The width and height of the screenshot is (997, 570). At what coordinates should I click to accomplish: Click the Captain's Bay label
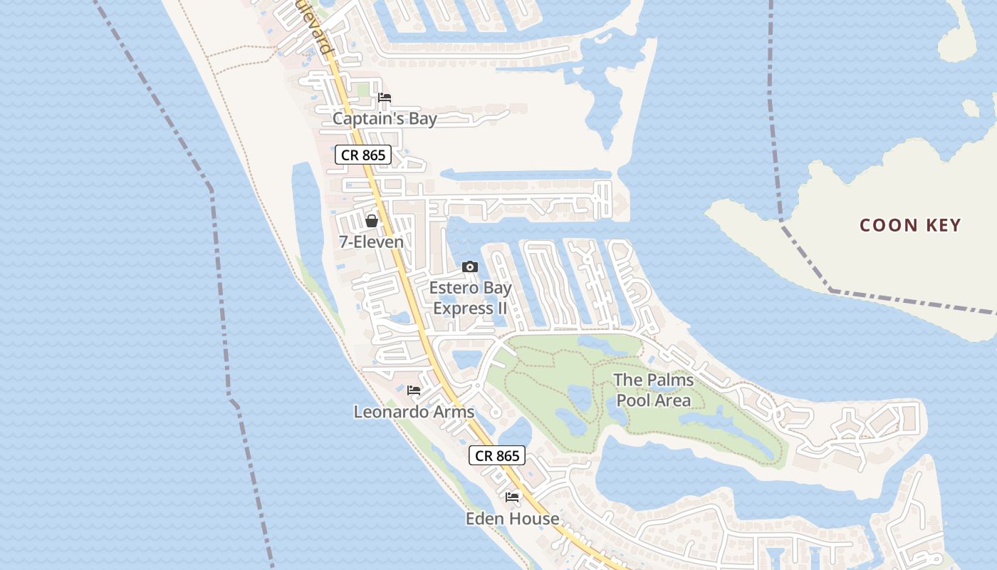point(385,118)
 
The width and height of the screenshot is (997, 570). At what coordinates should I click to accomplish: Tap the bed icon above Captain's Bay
point(385,98)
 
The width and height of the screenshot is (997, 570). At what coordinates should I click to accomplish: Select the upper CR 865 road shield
point(363,155)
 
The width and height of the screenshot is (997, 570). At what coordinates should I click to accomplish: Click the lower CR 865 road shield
point(496,455)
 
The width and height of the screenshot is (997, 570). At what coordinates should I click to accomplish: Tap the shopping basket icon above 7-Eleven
point(371,221)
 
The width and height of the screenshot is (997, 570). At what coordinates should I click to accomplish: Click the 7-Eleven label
point(371,242)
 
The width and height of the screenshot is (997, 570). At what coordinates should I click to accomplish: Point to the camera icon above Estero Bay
point(469,267)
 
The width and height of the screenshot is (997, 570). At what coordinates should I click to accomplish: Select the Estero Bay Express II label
point(470,299)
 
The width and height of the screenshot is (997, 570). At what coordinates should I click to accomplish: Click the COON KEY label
point(910,225)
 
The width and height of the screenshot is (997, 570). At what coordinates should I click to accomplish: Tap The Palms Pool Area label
point(653,390)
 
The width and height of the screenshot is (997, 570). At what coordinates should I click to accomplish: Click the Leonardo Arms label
point(414,412)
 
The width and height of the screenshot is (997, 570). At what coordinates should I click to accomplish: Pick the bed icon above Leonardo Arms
point(413,390)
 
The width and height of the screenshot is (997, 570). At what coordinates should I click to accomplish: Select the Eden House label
point(512,518)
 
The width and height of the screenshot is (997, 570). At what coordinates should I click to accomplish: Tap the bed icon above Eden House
point(512,497)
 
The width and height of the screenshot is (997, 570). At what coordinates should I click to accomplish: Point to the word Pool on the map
point(632,400)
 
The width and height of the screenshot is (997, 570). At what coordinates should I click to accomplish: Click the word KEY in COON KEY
point(941,225)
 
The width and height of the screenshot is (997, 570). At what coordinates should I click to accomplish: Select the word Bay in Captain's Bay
point(423,118)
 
